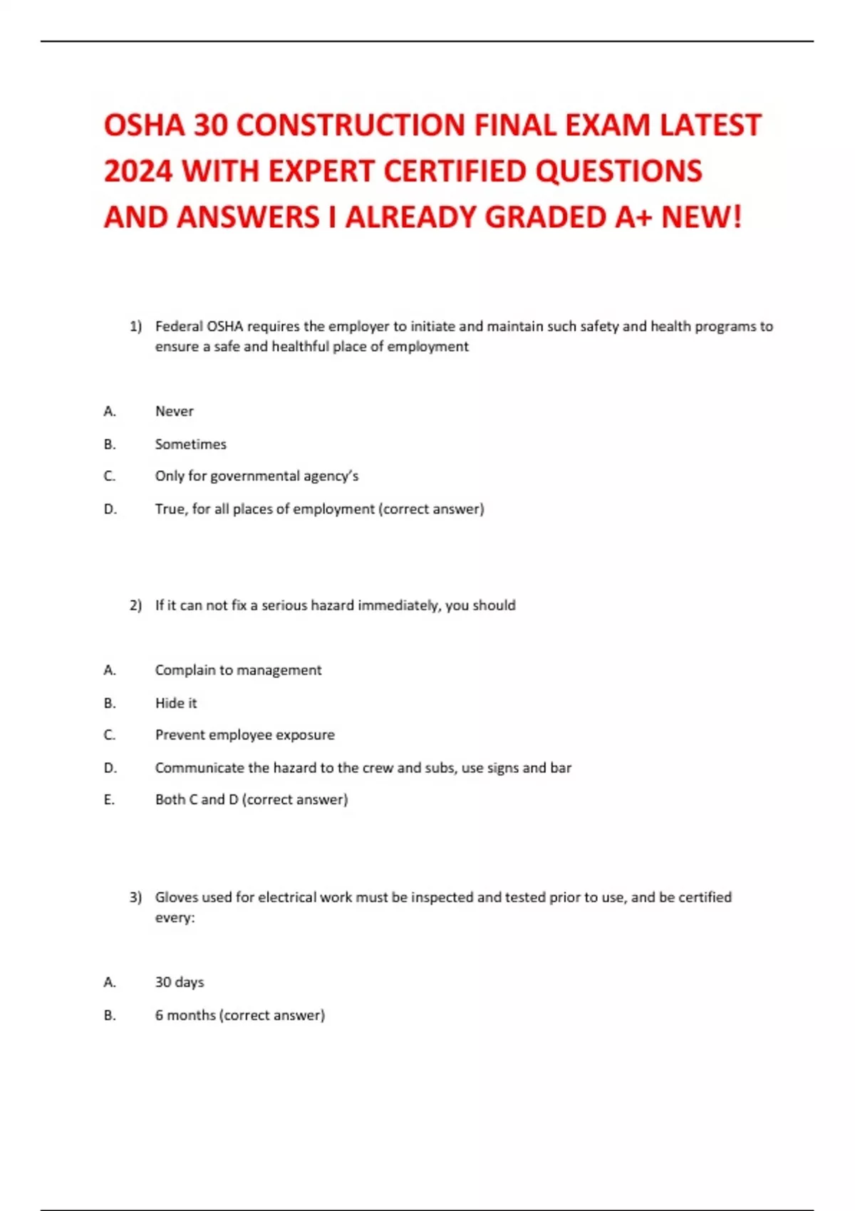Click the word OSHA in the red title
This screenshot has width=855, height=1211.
(145, 125)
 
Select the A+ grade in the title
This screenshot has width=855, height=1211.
(633, 217)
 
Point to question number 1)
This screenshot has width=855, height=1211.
(135, 326)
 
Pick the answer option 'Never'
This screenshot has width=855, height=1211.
(174, 411)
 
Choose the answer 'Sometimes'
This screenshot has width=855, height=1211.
(190, 444)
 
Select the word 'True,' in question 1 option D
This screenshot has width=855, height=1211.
(171, 509)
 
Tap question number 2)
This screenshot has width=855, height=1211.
(135, 605)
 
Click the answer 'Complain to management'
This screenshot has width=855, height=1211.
(238, 670)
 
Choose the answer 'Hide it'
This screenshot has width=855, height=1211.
(176, 702)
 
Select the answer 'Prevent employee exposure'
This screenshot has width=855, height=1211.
(244, 734)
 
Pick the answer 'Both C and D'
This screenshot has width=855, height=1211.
(197, 799)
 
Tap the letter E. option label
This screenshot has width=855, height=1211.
(109, 799)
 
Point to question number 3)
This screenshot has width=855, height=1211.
(135, 897)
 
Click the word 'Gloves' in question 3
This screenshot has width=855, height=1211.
(176, 897)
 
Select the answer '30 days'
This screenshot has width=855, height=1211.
(180, 982)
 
